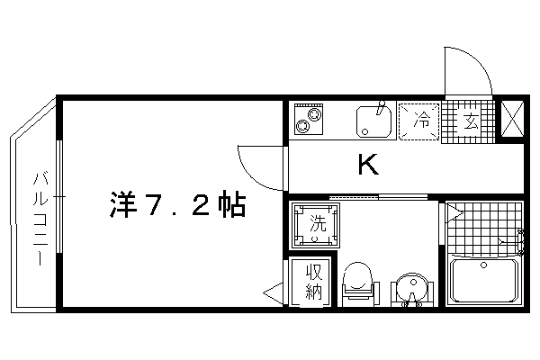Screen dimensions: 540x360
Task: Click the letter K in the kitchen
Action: tap(368, 165)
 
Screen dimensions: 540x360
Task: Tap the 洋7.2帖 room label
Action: tap(177, 204)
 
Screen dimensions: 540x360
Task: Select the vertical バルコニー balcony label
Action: tap(40, 219)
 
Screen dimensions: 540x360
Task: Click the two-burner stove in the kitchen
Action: tap(309, 119)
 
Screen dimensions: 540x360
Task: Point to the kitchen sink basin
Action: tap(374, 121)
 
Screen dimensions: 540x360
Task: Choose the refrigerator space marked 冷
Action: tap(419, 121)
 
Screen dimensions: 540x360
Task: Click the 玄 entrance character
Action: tap(471, 121)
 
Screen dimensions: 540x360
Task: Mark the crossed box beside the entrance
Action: tap(512, 119)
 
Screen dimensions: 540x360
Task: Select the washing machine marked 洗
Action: tap(316, 225)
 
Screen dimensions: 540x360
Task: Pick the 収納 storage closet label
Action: tap(314, 282)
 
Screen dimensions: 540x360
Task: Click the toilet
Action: tap(358, 283)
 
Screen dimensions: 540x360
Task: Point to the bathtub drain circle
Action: tap(484, 265)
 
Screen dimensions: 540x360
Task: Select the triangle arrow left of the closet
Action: tap(274, 293)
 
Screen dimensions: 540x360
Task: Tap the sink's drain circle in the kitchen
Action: tap(365, 131)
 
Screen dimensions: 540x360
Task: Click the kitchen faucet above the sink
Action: tap(380, 107)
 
